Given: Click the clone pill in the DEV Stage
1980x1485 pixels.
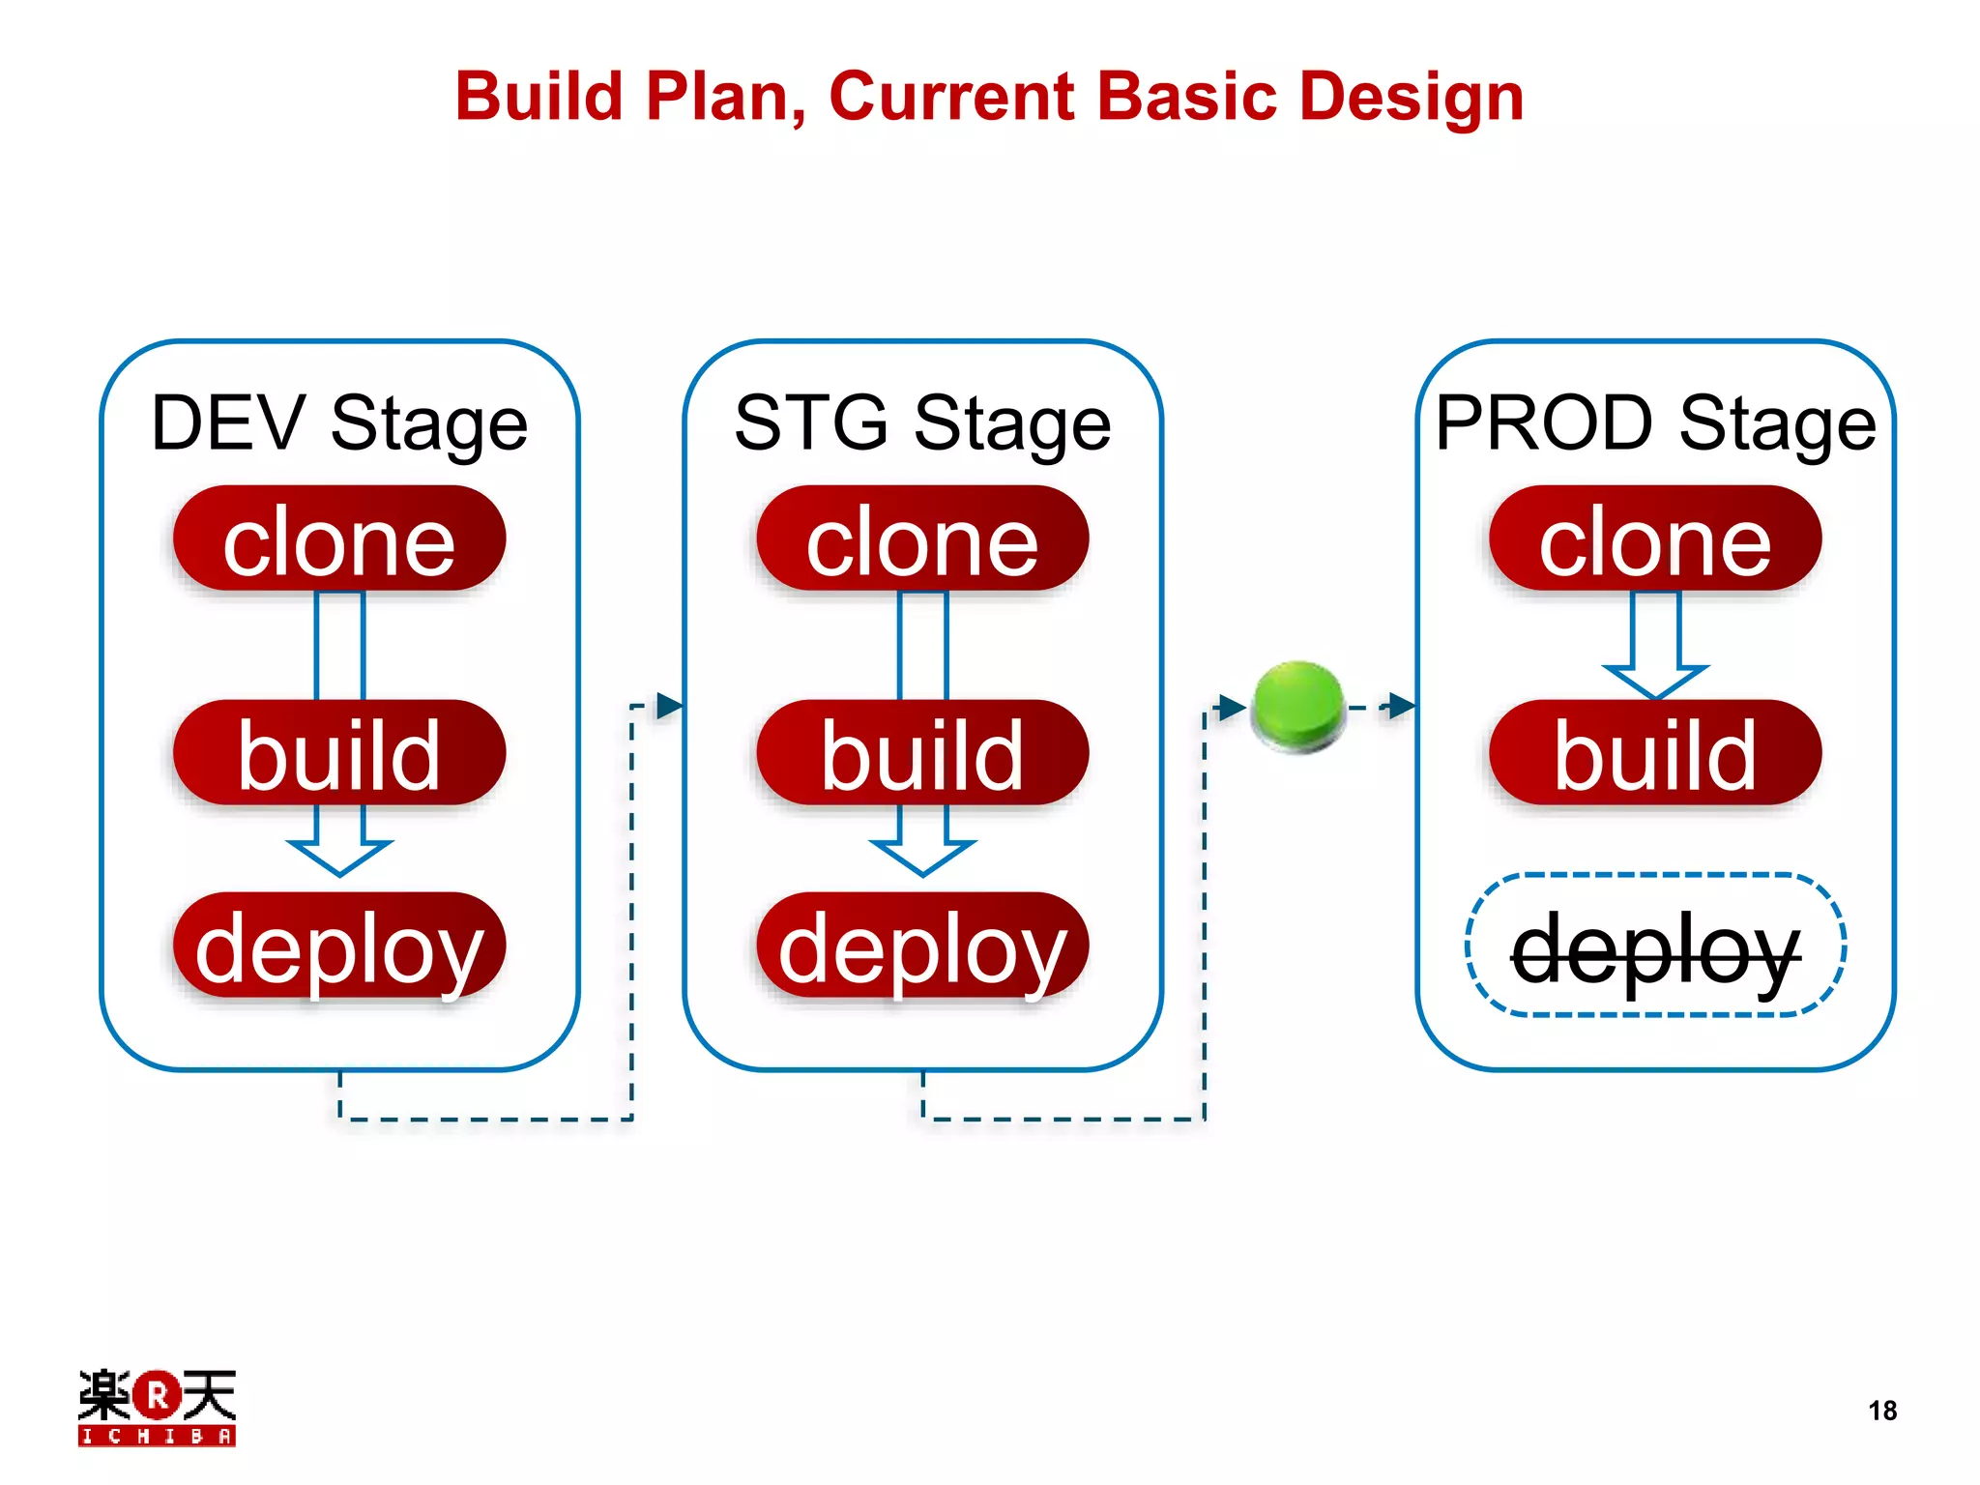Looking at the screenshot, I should point(339,539).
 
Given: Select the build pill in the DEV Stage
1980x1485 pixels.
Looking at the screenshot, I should point(339,753).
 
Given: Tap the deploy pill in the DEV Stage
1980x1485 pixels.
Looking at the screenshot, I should point(339,946).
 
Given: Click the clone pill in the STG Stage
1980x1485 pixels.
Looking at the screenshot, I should point(922,539).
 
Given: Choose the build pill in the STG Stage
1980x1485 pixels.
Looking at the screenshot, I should point(922,753).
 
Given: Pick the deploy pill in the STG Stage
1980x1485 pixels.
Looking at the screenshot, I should point(922,946).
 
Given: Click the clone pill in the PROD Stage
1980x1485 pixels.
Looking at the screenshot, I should point(1655,539).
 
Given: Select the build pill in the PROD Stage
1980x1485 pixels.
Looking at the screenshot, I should point(1655,753).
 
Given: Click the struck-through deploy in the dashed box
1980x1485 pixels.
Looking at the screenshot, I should point(1655,946).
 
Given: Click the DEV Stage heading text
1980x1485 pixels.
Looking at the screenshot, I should point(339,422).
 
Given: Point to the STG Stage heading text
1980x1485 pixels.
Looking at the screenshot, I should point(922,422).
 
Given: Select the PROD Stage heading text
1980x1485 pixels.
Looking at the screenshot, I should point(1655,422).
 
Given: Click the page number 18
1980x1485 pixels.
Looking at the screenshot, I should point(1881,1411).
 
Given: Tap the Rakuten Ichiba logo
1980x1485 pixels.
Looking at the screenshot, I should point(157,1407).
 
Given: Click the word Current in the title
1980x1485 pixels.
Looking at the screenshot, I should point(951,97).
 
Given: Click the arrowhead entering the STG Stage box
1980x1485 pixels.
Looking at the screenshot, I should point(670,706).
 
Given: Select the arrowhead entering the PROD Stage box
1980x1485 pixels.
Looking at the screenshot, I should point(1402,706).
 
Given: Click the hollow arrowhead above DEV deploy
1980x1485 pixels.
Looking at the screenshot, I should point(339,856).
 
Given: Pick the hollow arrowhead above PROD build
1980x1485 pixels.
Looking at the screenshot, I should point(1655,680).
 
